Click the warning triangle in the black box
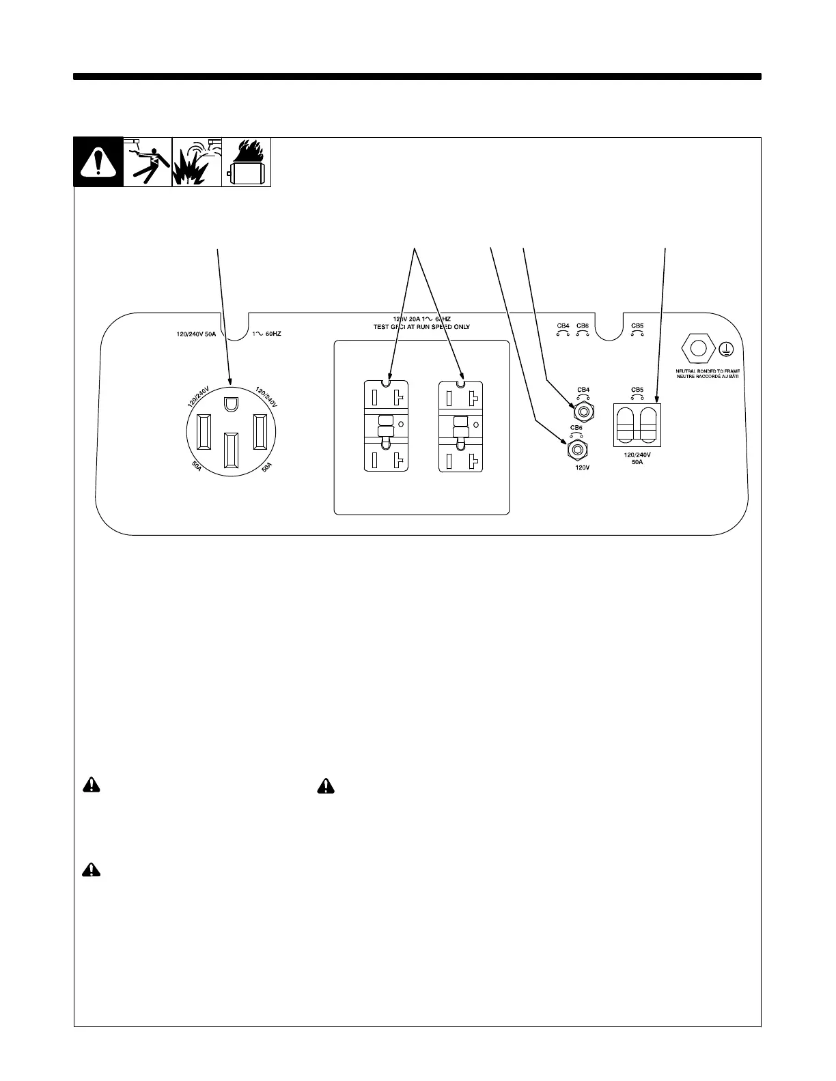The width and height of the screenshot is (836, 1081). (98, 162)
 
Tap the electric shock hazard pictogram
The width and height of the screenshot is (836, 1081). (148, 162)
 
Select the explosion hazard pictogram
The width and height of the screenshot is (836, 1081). (197, 162)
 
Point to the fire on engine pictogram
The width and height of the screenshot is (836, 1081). (246, 162)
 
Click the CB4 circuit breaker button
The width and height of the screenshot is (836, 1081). (583, 410)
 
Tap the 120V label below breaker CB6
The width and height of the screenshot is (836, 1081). (582, 468)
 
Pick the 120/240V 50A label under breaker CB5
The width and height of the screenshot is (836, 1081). (637, 458)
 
